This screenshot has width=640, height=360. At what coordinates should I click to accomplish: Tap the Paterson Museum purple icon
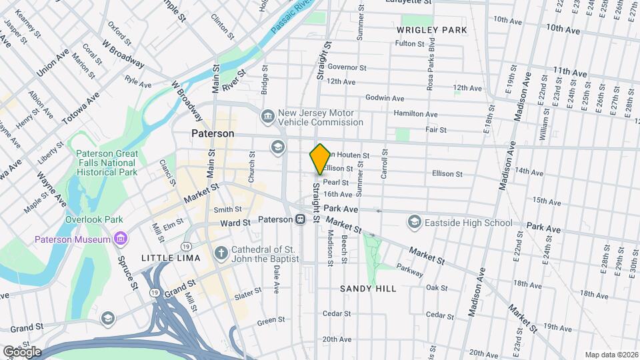click(x=121, y=239)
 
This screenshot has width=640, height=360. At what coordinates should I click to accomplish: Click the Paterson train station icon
click(x=301, y=219)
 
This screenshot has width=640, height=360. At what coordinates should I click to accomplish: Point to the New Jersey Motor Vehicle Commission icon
click(x=267, y=117)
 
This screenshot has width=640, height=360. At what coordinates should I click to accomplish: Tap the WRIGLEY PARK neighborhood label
click(x=431, y=30)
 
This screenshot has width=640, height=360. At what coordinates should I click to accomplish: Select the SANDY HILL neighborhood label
click(x=368, y=289)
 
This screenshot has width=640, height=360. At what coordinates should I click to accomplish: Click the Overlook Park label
click(x=94, y=219)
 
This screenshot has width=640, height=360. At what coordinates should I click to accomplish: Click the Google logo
click(x=22, y=351)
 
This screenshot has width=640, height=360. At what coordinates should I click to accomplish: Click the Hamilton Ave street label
click(x=415, y=114)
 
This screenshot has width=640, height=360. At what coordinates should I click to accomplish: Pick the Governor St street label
click(x=347, y=67)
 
